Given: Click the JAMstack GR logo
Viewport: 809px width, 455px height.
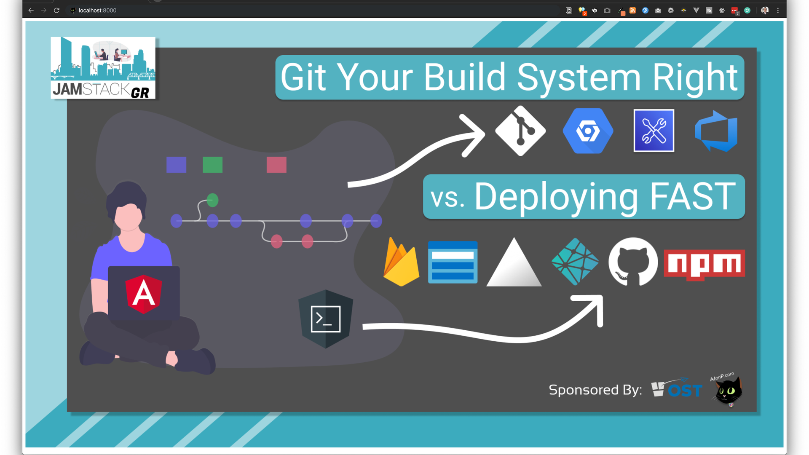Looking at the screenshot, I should pos(103,68).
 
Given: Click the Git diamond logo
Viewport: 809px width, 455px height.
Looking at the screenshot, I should pos(520,131).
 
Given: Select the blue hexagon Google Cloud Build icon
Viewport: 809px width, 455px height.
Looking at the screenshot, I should pos(588,131).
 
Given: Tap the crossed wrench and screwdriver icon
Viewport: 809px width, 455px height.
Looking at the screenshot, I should pos(654,131).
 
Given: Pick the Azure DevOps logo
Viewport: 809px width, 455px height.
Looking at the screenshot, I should pos(716,131).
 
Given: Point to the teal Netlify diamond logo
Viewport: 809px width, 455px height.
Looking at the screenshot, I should pos(575,262).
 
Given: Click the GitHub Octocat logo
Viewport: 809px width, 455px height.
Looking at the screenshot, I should pos(632,262).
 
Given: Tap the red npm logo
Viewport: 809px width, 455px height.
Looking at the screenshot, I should pos(704,264).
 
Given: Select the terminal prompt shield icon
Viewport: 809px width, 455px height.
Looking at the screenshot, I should pos(325,319).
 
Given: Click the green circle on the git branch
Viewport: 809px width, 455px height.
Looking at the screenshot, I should pos(212,200).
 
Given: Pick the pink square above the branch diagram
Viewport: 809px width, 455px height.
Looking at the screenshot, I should pos(276,165).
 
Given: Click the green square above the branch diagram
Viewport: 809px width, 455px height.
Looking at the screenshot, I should pos(212,165).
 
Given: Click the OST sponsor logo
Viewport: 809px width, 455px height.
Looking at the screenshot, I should pos(677,389).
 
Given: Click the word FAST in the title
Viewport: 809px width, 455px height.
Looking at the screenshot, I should pos(693,196).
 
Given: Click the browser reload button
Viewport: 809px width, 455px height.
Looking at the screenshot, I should pos(56,10).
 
